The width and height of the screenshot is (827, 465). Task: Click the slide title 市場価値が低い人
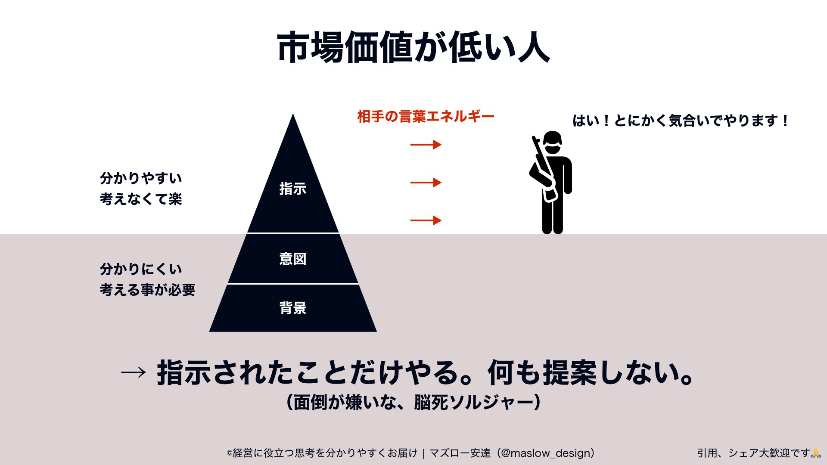coord(413,47)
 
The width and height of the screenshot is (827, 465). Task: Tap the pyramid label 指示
coord(293,189)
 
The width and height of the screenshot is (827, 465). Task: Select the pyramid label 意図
coord(293,259)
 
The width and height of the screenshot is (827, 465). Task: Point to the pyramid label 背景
coord(293,308)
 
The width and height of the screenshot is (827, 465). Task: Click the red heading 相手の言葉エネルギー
coord(426,117)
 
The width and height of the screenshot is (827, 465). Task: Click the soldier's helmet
coord(552,138)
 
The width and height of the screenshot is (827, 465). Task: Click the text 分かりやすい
coord(141,178)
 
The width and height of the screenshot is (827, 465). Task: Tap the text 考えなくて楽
coord(141,199)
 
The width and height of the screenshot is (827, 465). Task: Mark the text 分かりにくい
coord(141,269)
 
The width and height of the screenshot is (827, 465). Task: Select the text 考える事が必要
coord(147,290)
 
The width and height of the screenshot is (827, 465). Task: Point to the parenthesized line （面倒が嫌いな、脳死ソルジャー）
coord(413,403)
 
